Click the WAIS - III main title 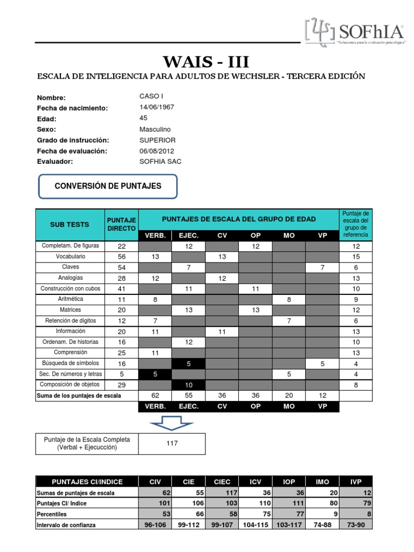point(207,60)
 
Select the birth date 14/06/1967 point(156,108)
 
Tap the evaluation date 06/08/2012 point(156,151)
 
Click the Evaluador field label point(54,162)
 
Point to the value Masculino point(155,129)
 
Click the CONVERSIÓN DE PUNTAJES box point(108,186)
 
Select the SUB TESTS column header point(70,224)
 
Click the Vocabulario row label point(70,257)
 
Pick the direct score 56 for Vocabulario point(122,257)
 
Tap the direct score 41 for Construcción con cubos point(122,288)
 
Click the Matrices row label point(70,309)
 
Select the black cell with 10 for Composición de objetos point(189,384)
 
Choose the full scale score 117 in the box point(172,444)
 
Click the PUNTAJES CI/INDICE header point(87,481)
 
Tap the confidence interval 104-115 point(256,525)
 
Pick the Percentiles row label point(54,514)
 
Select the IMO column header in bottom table point(322,481)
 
